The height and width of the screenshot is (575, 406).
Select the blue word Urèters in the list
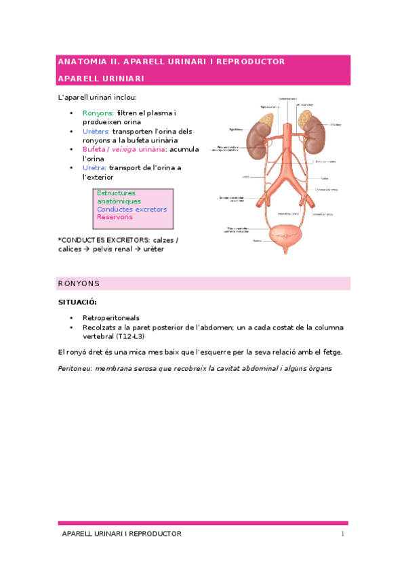click(x=96, y=131)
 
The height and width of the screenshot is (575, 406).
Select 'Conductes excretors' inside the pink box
click(x=131, y=210)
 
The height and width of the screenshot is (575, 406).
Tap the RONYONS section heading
click(x=79, y=283)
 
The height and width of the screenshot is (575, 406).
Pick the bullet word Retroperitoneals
click(x=111, y=317)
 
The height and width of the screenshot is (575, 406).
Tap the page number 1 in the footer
click(x=343, y=534)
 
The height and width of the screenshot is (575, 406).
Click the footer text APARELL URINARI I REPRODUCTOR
click(x=122, y=534)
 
